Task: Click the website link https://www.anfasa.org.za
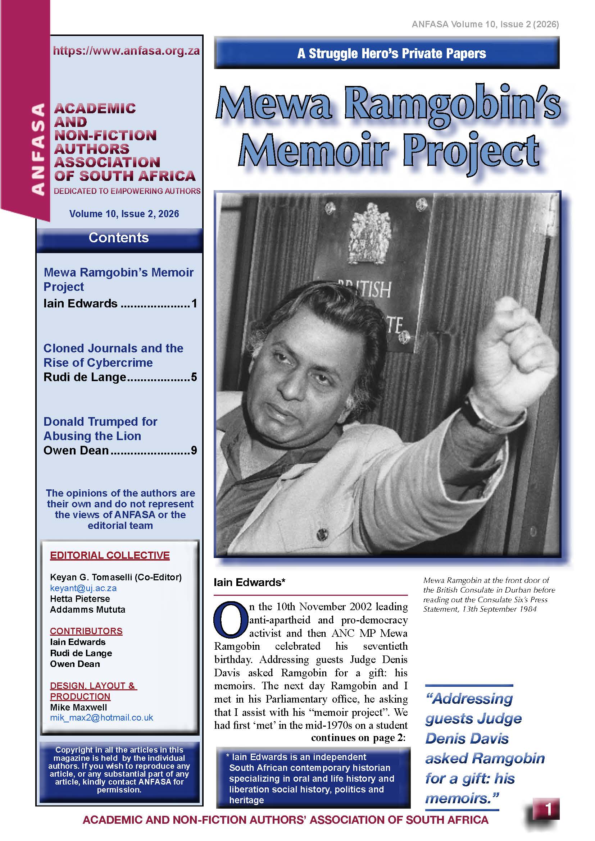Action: point(126,51)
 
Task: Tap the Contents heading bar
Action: point(119,238)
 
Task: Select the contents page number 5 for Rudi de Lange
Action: point(194,377)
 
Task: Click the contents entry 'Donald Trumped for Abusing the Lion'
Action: point(100,429)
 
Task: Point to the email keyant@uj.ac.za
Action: point(83,588)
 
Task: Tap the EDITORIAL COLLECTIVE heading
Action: point(110,555)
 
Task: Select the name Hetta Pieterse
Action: point(80,599)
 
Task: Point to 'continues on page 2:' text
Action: point(358,737)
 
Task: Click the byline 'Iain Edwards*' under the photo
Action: point(249,582)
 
